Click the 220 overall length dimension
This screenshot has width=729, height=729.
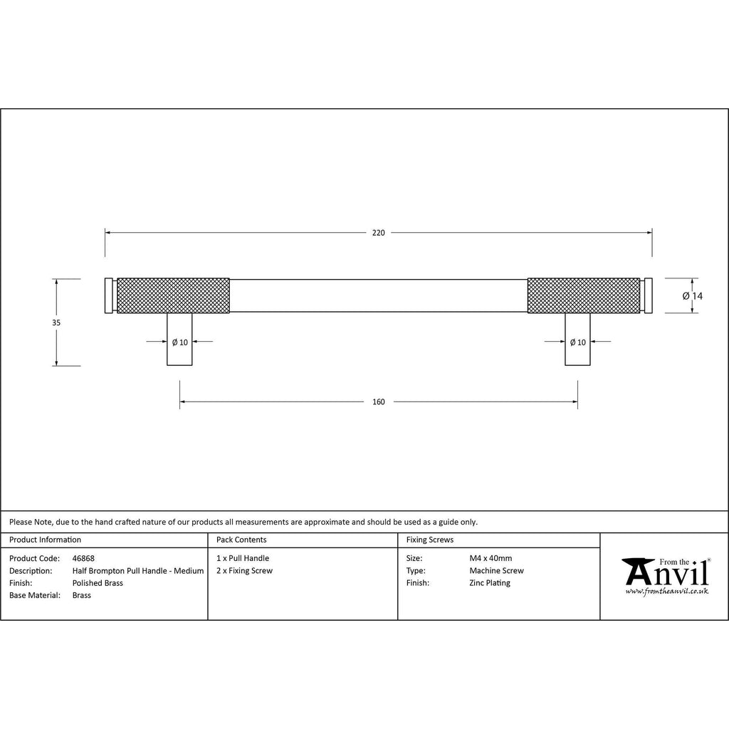click(x=379, y=233)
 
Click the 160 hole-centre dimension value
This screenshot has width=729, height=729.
click(x=379, y=402)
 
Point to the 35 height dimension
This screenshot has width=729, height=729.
click(x=56, y=322)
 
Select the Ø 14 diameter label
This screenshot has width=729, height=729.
click(x=693, y=296)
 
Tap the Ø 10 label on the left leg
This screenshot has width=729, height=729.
click(x=180, y=342)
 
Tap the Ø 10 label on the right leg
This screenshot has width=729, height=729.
click(x=578, y=342)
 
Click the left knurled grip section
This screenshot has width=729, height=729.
click(x=173, y=295)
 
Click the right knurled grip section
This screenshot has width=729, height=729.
click(x=584, y=295)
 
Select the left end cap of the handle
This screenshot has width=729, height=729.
click(x=109, y=295)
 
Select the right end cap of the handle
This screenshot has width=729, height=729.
click(x=648, y=295)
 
